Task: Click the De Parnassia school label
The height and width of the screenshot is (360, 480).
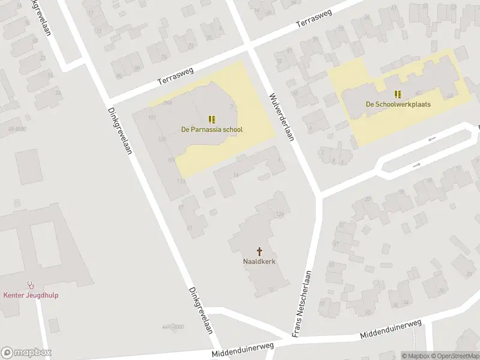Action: [212, 129]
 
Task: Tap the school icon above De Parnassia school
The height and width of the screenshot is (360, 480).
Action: [212, 119]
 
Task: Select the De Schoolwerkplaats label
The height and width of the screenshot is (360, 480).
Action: [398, 104]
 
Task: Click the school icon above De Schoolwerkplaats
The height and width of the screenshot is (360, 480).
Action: [398, 94]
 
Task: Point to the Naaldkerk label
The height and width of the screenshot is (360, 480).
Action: [259, 262]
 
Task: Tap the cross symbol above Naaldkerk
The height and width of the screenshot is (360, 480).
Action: [259, 251]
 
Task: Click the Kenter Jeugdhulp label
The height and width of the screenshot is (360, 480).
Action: [31, 295]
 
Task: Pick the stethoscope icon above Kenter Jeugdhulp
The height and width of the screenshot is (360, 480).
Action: [31, 285]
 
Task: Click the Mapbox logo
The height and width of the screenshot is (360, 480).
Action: [26, 353]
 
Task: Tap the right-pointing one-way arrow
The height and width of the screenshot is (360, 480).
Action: [416, 164]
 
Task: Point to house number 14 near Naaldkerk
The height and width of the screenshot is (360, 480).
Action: [236, 175]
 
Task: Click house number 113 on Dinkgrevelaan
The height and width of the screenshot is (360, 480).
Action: [181, 181]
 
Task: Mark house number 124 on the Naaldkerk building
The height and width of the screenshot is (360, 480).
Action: [279, 215]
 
